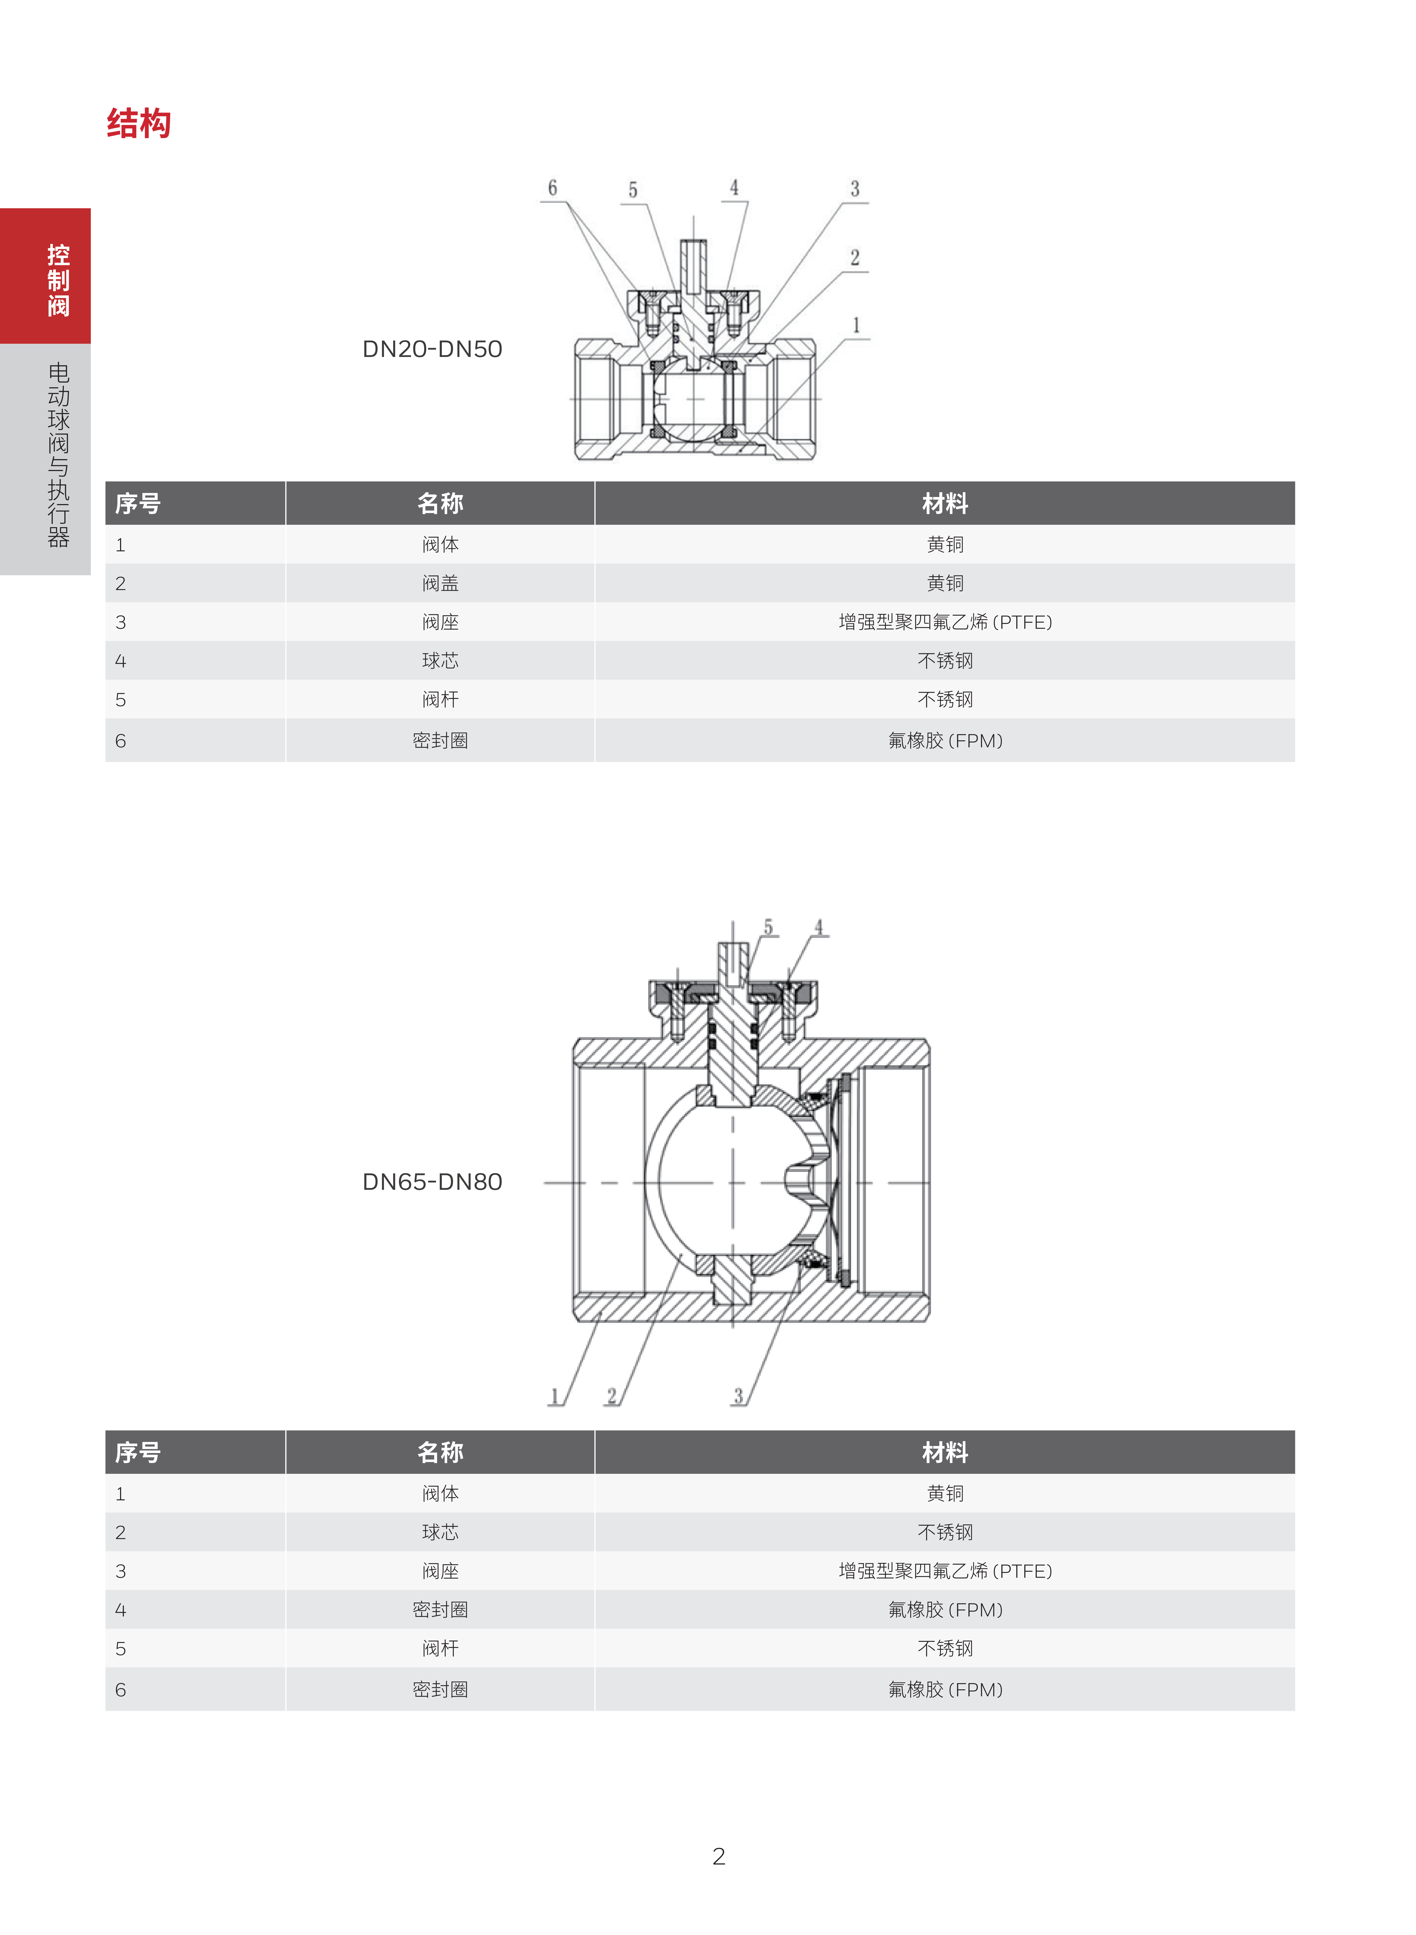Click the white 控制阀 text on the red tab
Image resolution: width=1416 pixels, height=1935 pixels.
tap(58, 280)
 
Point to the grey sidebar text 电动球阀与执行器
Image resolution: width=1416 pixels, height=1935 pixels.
tap(58, 454)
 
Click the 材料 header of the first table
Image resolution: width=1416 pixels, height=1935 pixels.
tap(945, 503)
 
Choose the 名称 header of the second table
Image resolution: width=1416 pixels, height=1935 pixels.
tap(440, 1452)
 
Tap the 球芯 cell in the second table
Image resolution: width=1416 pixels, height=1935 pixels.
tap(440, 1532)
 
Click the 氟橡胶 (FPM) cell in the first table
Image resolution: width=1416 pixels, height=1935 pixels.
tap(945, 741)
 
